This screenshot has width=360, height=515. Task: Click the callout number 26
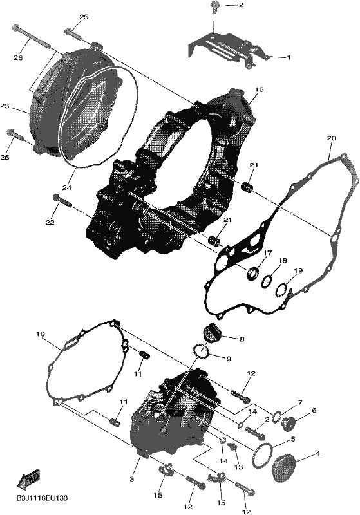pos(18,58)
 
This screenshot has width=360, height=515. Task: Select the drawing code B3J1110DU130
pos(42,498)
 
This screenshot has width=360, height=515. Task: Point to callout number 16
pos(259,89)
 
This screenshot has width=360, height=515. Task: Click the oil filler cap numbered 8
pos(212,330)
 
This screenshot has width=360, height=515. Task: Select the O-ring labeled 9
pos(202,350)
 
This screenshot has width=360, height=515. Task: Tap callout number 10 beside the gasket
pos(41,334)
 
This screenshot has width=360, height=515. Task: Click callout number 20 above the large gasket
pos(332,138)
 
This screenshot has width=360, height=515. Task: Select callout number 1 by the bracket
pos(289,57)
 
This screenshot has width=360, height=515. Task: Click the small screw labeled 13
pos(233,447)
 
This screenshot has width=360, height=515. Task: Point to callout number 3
pos(132,479)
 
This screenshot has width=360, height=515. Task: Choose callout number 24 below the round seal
pos(67,187)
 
